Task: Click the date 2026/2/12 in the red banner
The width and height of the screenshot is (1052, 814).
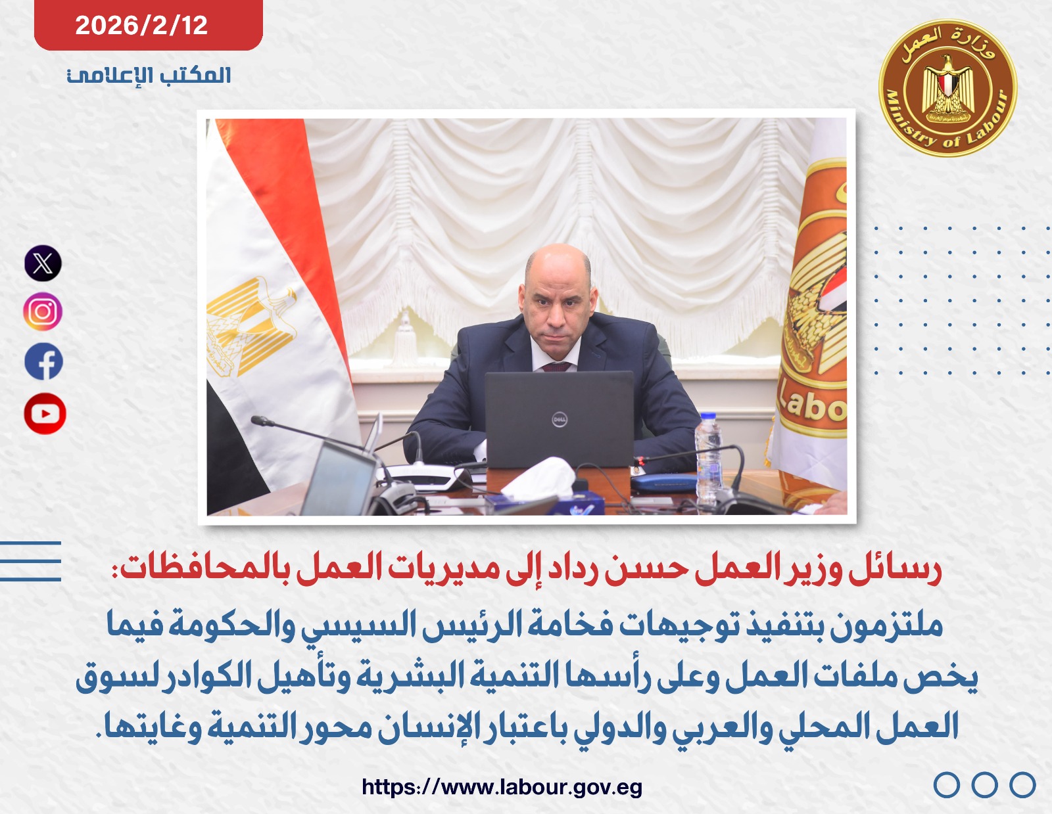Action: (141, 26)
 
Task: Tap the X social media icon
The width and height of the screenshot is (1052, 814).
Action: (43, 263)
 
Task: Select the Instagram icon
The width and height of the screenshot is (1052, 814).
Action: (43, 311)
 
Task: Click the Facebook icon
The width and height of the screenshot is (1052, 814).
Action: (44, 361)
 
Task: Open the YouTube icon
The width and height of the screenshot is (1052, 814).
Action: (45, 414)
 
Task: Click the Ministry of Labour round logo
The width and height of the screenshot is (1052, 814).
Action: (947, 88)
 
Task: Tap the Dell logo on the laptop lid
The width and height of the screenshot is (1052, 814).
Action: (559, 419)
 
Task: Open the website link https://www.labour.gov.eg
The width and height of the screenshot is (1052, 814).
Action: (502, 786)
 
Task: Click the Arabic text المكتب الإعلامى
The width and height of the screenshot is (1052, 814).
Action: (149, 75)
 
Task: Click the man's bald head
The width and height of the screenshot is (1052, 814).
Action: (558, 263)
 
